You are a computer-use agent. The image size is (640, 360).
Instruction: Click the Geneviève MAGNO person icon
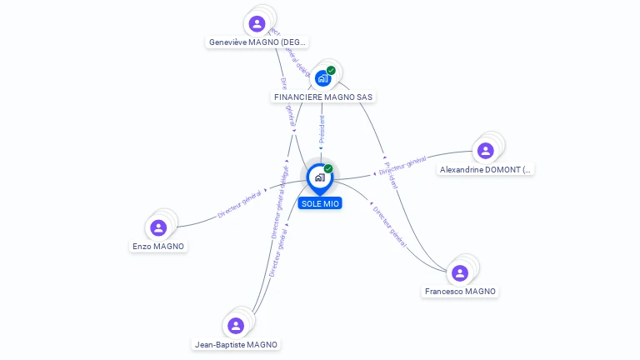257,23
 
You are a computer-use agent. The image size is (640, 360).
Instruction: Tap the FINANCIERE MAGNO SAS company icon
322,78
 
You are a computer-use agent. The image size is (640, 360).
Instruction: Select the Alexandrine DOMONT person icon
485,151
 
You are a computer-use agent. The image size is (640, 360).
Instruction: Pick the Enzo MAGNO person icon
158,227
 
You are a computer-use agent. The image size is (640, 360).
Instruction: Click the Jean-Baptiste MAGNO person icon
236,326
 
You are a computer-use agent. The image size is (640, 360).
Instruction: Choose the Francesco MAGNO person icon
459,273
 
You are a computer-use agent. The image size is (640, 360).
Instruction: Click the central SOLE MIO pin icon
319,177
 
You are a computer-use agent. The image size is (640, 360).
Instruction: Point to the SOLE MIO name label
320,203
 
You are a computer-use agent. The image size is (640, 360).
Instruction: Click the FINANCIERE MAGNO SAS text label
323,97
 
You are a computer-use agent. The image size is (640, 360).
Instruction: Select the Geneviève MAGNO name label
257,42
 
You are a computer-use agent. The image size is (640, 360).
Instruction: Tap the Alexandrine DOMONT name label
485,169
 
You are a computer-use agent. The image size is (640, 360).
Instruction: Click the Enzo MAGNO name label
158,247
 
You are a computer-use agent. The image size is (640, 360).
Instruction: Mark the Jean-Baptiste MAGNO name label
236,344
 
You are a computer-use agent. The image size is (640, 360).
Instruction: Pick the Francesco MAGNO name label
460,292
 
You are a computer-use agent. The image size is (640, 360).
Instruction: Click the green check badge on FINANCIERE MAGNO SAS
332,70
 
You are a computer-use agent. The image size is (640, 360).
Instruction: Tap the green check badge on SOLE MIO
328,168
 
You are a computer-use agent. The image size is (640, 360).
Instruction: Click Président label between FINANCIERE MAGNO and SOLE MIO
322,130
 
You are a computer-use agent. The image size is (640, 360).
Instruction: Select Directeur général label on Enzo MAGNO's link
240,202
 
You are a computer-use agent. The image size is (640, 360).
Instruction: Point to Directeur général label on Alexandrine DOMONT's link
402,165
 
